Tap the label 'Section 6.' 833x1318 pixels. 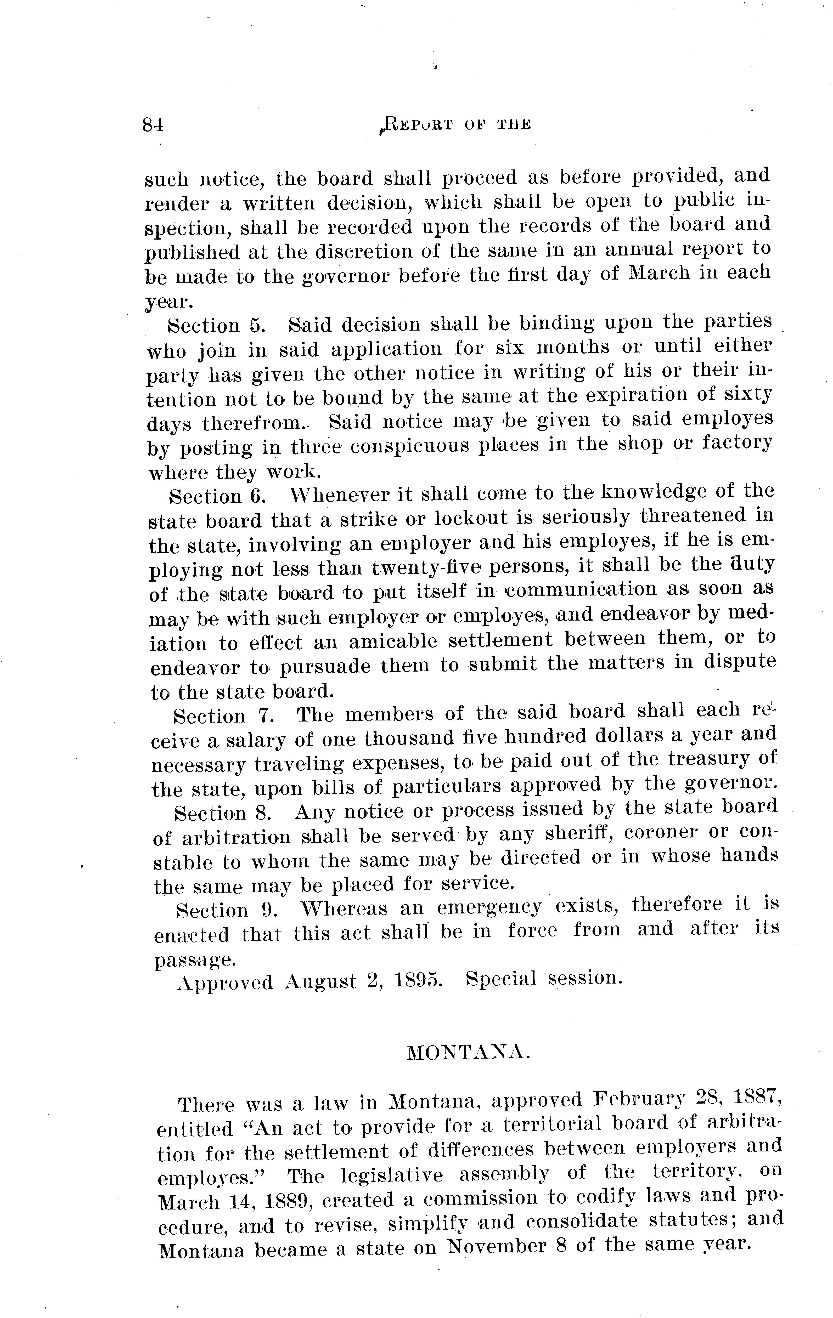coord(218,496)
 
